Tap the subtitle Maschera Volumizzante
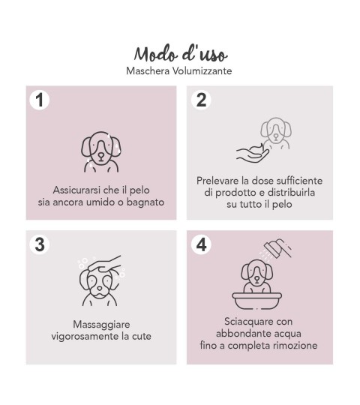coord(179,70)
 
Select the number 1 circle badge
coord(40,100)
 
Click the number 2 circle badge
coord(201,100)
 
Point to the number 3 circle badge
coord(40,244)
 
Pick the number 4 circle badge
coord(201,244)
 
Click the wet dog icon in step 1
coord(101,151)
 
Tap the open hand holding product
coord(253,154)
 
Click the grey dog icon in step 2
coord(276,133)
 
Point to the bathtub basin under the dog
coord(257,301)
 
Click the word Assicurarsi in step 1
coord(76,190)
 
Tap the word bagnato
coord(145,202)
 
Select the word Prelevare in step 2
coord(217,181)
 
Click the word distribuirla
coord(291,193)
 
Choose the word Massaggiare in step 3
coord(101,325)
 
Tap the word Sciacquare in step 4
coord(244,322)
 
